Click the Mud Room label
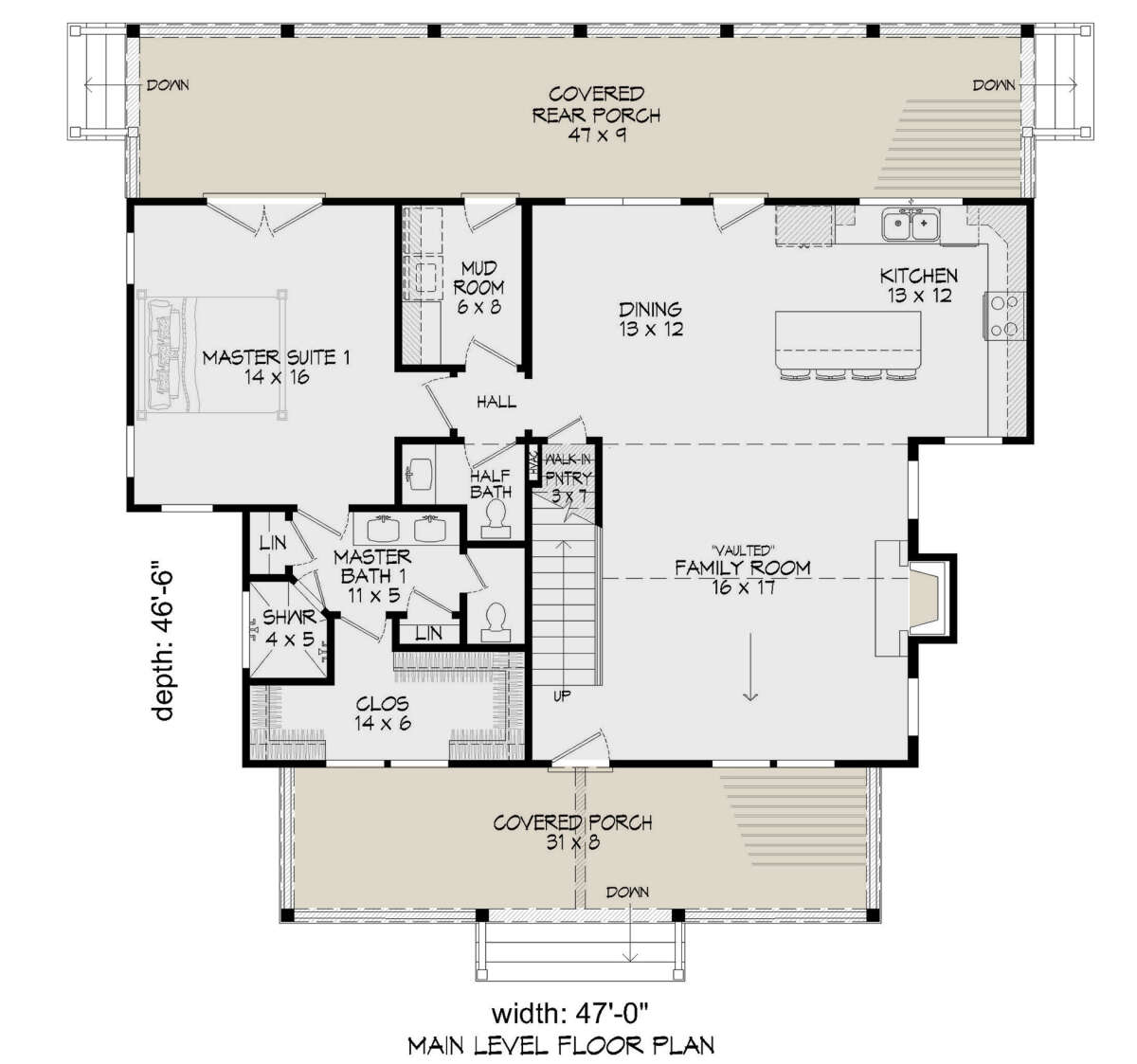pyautogui.click(x=478, y=287)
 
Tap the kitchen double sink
pyautogui.click(x=911, y=225)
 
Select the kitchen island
pyautogui.click(x=848, y=341)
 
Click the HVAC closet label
pyautogui.click(x=534, y=463)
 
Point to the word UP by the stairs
pyautogui.click(x=562, y=695)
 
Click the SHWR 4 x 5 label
pyautogui.click(x=290, y=628)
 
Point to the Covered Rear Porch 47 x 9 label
pyautogui.click(x=596, y=114)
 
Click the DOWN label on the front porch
pyautogui.click(x=628, y=892)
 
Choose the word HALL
pyautogui.click(x=496, y=402)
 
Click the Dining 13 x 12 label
pyautogui.click(x=651, y=319)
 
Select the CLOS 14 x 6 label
pyautogui.click(x=383, y=713)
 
